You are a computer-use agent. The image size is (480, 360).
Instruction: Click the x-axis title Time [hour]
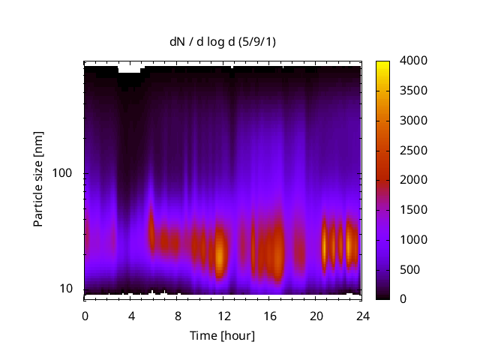click(222, 335)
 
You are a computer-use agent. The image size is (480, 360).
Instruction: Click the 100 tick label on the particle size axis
click(69, 173)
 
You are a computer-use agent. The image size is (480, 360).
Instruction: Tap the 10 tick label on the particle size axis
click(72, 289)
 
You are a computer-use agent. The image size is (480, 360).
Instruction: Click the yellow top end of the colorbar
click(383, 63)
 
